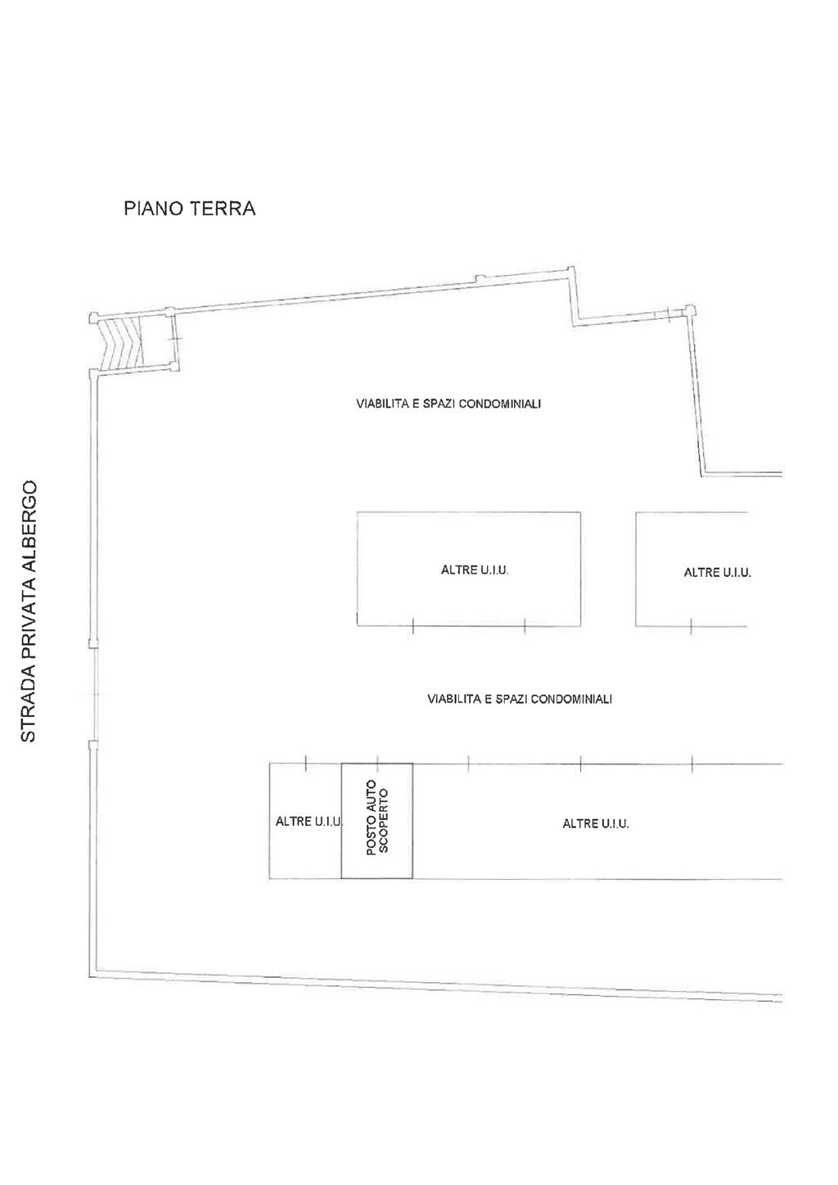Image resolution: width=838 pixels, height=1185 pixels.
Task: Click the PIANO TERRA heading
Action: coord(189,209)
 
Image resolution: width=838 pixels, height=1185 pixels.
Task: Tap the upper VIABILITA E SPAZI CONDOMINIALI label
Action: coord(448,404)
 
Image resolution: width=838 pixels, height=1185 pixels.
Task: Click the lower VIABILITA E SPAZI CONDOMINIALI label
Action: coord(520,699)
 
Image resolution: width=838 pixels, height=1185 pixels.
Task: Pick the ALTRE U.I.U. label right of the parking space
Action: coord(596,823)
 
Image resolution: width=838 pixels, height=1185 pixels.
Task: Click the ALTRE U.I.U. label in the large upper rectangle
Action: coord(475,570)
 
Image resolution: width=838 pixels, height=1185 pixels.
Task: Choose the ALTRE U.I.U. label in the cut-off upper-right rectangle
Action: coord(718,572)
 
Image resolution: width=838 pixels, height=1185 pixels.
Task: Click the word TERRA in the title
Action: coord(223,209)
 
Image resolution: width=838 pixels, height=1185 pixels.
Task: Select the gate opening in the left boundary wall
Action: coord(93,694)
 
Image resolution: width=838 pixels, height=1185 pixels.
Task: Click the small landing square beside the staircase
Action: coord(158,340)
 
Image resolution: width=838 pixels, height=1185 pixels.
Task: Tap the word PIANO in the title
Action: coord(153,209)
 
